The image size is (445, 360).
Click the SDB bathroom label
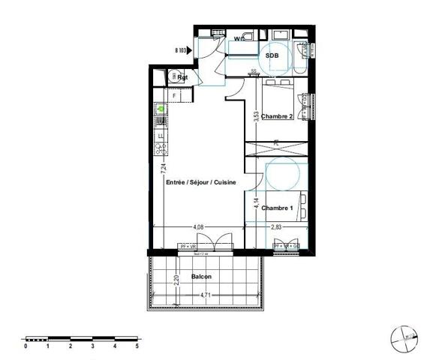pos(272,55)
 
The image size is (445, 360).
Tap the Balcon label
pos(200,277)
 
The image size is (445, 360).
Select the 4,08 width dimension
pos(198,225)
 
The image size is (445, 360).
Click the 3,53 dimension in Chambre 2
pos(256,116)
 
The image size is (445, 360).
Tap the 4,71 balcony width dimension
pos(205,295)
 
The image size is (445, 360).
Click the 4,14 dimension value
pos(256,203)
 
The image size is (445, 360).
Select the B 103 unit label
pos(181,50)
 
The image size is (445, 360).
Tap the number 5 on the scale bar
pos(137,346)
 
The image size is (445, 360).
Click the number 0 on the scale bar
pos(26,346)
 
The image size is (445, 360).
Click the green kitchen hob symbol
pos(160,109)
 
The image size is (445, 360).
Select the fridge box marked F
pos(174,96)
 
